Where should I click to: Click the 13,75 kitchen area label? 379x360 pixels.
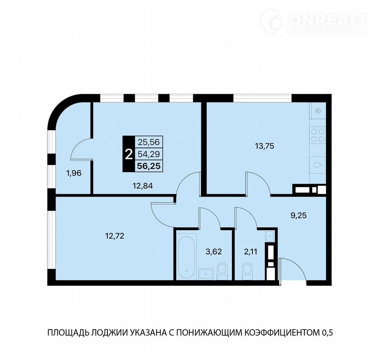pyautogui.click(x=264, y=146)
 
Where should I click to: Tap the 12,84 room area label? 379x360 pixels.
pyautogui.click(x=143, y=186)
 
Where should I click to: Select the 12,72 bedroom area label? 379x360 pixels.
pyautogui.click(x=115, y=236)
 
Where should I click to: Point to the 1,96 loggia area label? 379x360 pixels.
pyautogui.click(x=74, y=173)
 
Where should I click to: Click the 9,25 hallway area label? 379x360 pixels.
pyautogui.click(x=298, y=215)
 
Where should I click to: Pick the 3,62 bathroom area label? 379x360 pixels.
pyautogui.click(x=214, y=252)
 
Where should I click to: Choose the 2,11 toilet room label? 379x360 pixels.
pyautogui.click(x=251, y=252)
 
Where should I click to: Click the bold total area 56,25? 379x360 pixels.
pyautogui.click(x=149, y=166)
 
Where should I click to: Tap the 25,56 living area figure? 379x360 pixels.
pyautogui.click(x=149, y=142)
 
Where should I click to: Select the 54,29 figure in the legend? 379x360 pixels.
pyautogui.click(x=149, y=154)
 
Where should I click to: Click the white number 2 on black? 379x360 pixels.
pyautogui.click(x=129, y=154)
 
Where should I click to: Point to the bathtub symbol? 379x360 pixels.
pyautogui.click(x=186, y=255)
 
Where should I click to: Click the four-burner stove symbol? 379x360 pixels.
pyautogui.click(x=318, y=135)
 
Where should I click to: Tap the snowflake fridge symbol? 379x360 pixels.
pyautogui.click(x=318, y=111)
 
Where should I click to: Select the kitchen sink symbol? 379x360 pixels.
pyautogui.click(x=318, y=165)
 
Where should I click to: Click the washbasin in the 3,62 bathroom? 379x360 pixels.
pyautogui.click(x=206, y=274)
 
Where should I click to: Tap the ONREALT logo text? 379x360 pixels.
pyautogui.click(x=328, y=20)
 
